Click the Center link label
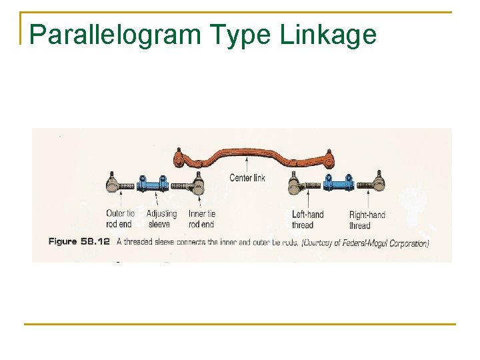pyautogui.click(x=247, y=177)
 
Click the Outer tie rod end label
pyautogui.click(x=120, y=219)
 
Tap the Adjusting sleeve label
pyautogui.click(x=161, y=219)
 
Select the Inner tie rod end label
pyautogui.click(x=201, y=219)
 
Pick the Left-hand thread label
pyautogui.click(x=307, y=219)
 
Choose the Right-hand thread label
pyautogui.click(x=367, y=219)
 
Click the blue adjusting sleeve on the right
pyautogui.click(x=337, y=183)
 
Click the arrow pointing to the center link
pyautogui.click(x=247, y=165)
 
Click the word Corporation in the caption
pyautogui.click(x=409, y=243)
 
